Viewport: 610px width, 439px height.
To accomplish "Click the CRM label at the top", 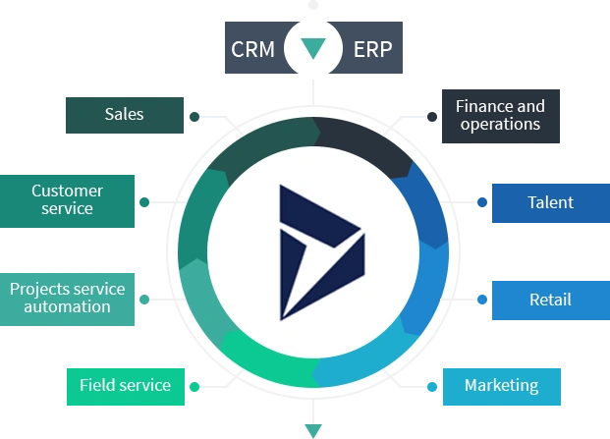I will click(x=253, y=48).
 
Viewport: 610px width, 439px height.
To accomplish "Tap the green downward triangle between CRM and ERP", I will click(x=312, y=47).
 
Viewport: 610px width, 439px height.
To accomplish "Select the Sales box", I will click(x=125, y=114).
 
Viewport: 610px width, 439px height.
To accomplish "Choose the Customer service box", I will click(x=68, y=199).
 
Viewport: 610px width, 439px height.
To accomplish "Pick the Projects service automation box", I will click(x=68, y=298).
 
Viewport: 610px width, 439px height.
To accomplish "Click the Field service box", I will click(x=125, y=385).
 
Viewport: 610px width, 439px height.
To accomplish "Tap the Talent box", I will click(x=550, y=202).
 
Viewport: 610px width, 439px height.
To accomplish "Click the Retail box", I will click(x=550, y=300).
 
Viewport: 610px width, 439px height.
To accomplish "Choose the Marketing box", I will click(x=502, y=385).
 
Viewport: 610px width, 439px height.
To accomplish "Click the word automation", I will click(x=68, y=306).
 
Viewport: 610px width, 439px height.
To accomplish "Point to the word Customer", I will click(x=68, y=191).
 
